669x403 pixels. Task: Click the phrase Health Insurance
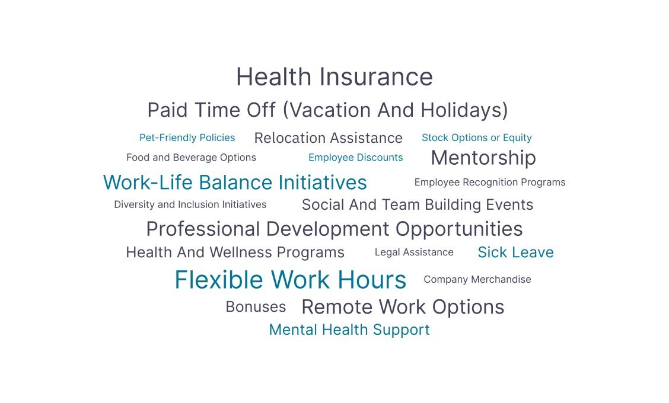(334, 77)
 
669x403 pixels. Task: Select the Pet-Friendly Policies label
(187, 137)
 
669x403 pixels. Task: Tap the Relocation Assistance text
(329, 138)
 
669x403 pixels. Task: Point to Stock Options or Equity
(477, 137)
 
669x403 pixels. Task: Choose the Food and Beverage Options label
(191, 158)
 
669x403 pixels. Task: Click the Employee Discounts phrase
(355, 158)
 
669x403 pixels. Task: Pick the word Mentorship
(483, 158)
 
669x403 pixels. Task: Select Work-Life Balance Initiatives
(235, 183)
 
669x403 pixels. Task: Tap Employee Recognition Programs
(490, 183)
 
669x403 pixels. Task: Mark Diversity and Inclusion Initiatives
(190, 204)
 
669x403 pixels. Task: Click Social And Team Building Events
(418, 205)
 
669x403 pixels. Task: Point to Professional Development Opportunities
(334, 229)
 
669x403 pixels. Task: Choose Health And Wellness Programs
(235, 252)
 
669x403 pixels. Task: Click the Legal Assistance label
(414, 252)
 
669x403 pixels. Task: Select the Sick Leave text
(515, 252)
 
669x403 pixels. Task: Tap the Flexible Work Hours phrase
(291, 280)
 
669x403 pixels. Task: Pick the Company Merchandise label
(477, 280)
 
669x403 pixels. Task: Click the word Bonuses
(256, 307)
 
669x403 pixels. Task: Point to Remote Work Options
(403, 308)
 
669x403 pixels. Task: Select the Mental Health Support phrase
(349, 330)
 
